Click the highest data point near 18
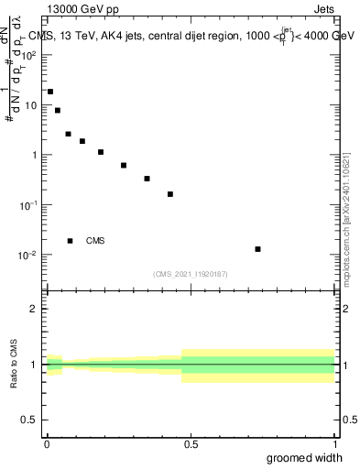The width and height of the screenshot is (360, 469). tap(50, 92)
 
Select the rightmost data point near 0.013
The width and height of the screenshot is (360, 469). tap(258, 249)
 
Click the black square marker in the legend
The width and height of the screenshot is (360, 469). tap(70, 241)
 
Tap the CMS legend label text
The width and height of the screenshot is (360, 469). tap(95, 241)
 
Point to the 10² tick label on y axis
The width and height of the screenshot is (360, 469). tap(28, 55)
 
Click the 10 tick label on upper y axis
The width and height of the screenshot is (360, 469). tap(30, 105)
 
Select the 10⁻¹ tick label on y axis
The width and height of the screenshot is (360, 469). tap(28, 205)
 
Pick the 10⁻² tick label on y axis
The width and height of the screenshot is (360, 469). tap(28, 255)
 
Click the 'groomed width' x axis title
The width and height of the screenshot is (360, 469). tap(304, 457)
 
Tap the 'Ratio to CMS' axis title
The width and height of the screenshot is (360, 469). tap(15, 365)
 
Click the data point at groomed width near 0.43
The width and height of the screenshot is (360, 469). tap(170, 194)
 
